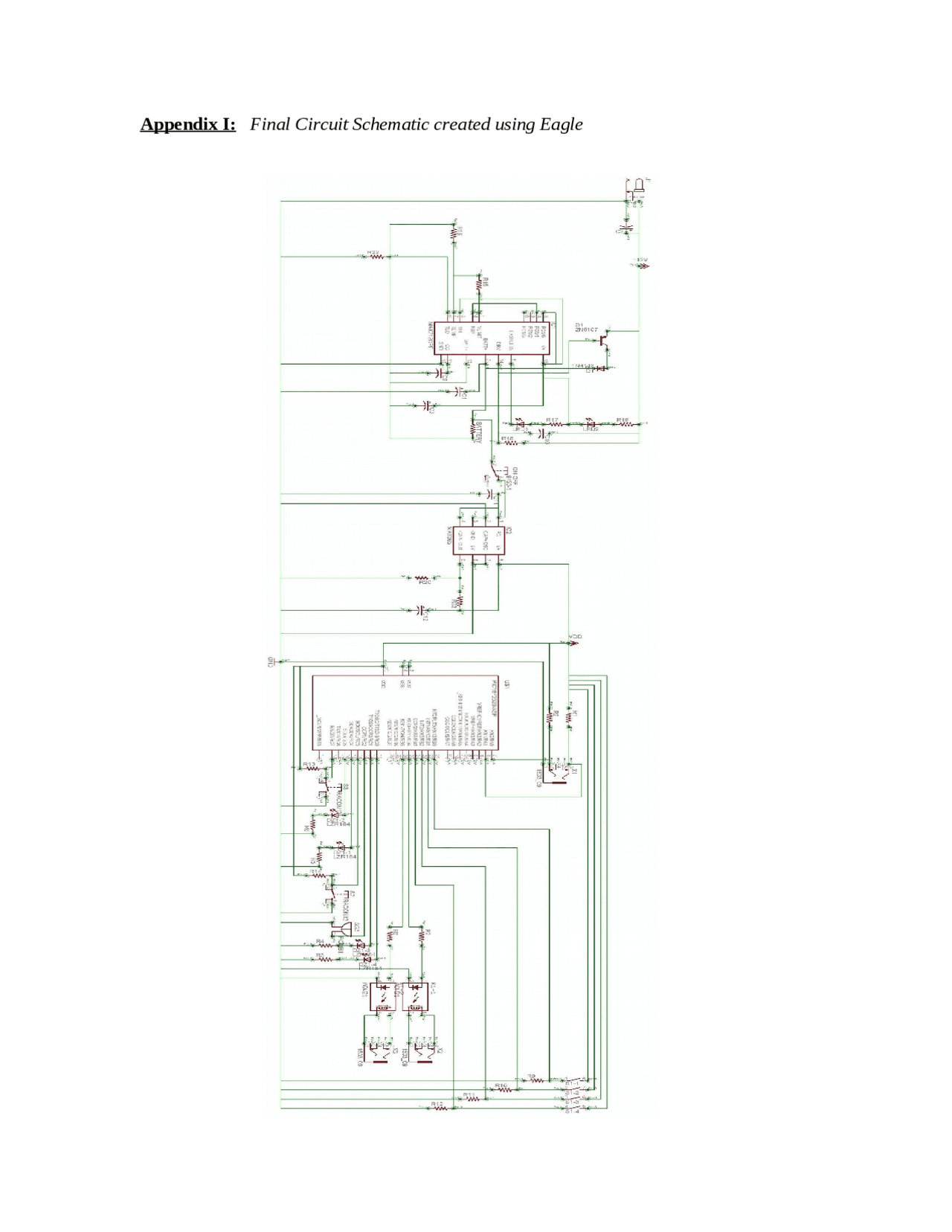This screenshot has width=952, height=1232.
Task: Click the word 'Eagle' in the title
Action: coord(561,124)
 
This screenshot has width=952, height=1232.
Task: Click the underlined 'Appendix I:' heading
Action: coord(187,124)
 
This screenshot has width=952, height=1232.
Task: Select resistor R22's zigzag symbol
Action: coord(376,257)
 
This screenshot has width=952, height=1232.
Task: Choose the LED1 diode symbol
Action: coord(521,424)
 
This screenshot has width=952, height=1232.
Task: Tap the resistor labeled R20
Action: coord(422,577)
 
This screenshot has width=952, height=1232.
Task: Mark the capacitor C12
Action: coord(420,612)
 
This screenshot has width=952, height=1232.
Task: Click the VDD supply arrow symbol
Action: coord(572,641)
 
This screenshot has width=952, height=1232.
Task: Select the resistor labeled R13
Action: coord(311,769)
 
